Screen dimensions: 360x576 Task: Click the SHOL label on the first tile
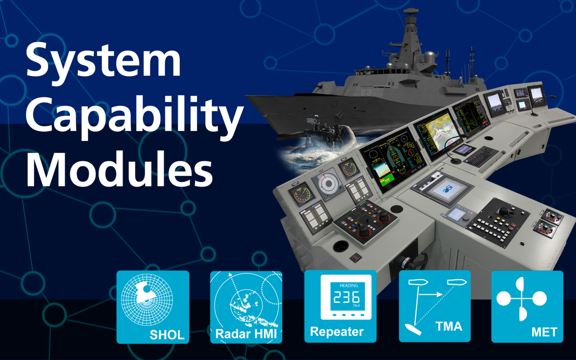(x=167, y=334)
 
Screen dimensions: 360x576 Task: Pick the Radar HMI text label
(x=246, y=334)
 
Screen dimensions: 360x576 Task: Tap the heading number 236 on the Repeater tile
(x=346, y=297)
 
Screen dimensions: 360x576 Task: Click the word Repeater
(x=337, y=331)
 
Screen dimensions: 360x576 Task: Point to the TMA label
(x=449, y=326)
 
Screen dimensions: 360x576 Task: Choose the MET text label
(x=544, y=332)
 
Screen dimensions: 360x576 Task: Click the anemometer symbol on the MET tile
(x=522, y=299)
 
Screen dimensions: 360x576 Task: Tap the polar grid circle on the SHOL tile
(x=147, y=299)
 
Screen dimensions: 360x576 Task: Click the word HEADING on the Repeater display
(x=349, y=285)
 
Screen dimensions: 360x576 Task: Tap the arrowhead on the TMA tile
(x=439, y=295)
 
